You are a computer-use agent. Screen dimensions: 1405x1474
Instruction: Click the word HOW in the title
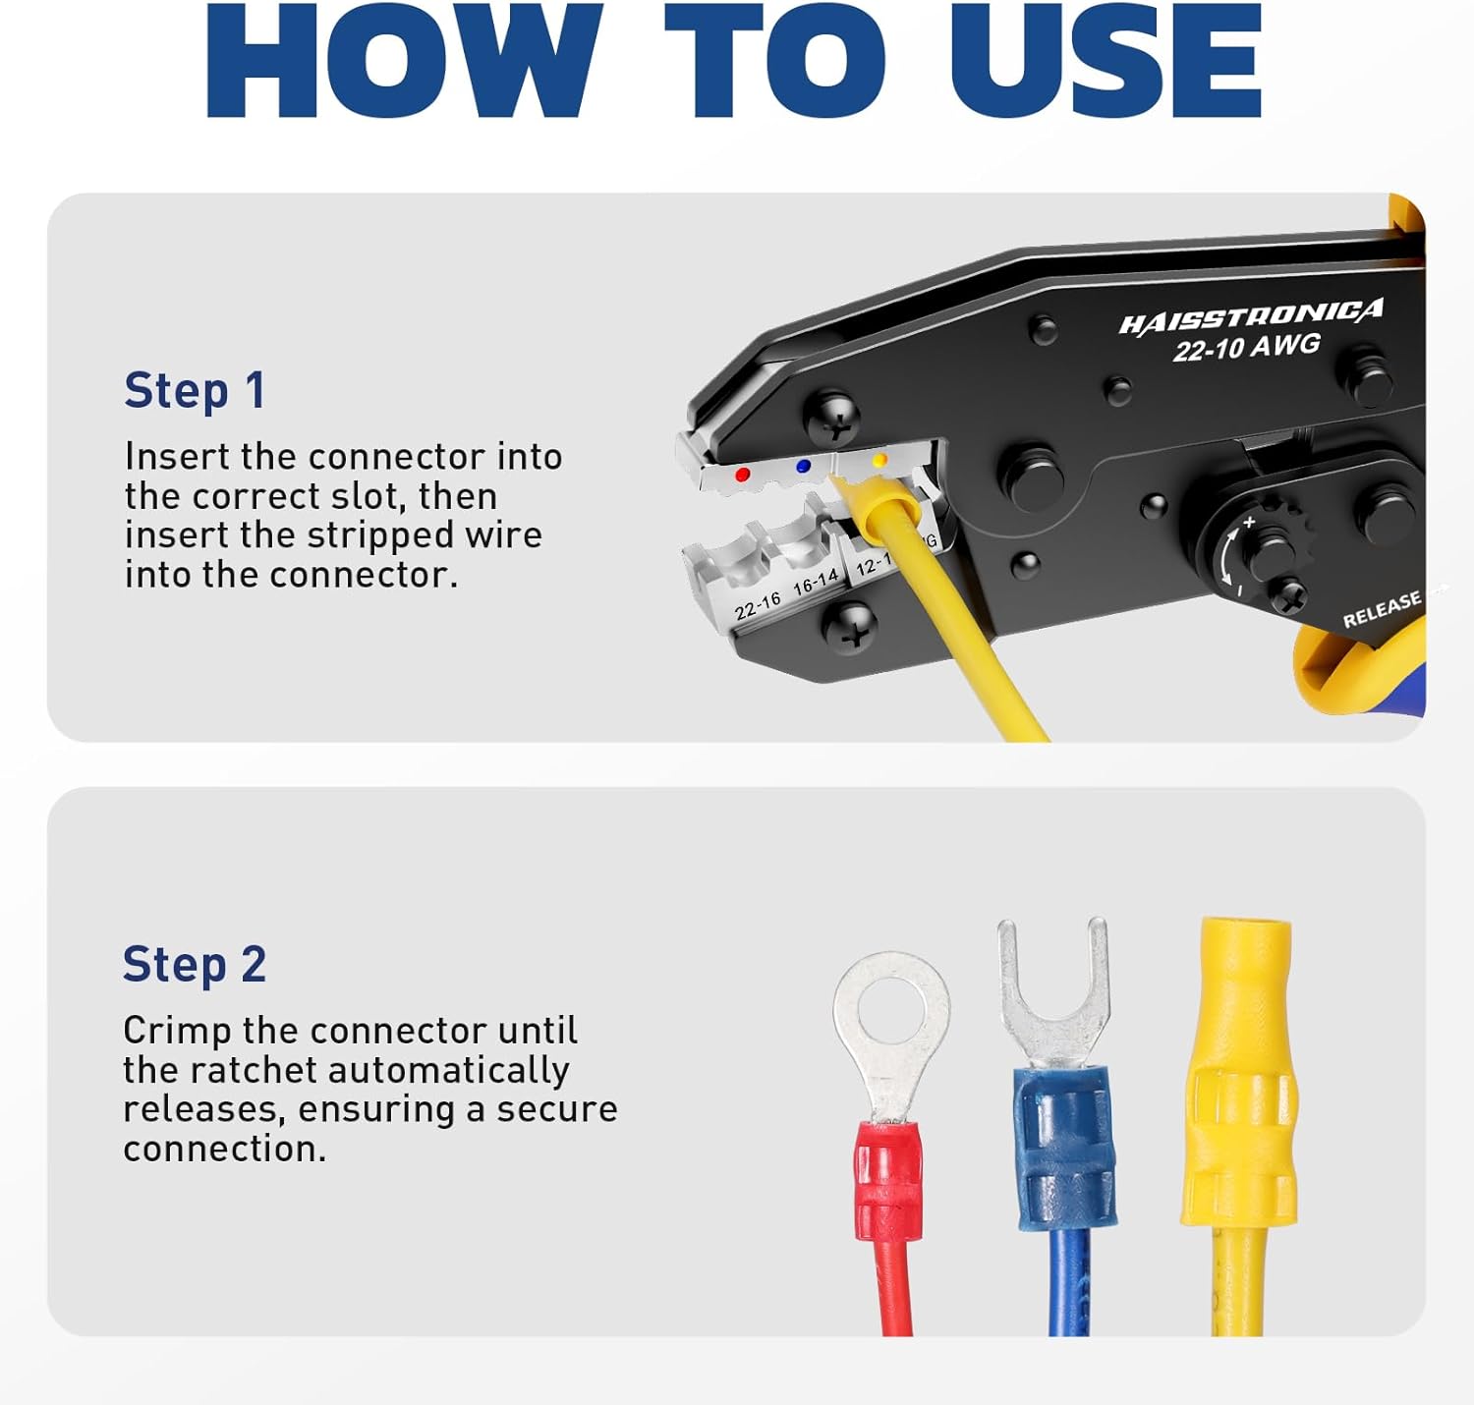point(403,61)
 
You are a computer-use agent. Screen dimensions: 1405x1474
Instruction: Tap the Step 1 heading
point(195,391)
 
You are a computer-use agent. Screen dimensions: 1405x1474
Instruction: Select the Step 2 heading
point(195,965)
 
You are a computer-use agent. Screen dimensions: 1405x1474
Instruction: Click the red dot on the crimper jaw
point(743,475)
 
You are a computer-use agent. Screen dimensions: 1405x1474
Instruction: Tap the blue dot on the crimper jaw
point(804,467)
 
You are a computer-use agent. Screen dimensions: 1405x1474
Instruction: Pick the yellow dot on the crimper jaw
point(879,460)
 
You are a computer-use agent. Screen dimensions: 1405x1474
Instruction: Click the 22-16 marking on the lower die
point(758,605)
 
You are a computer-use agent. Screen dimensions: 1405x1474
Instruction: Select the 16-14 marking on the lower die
point(816,582)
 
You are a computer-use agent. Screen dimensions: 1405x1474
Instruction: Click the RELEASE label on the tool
point(1382,609)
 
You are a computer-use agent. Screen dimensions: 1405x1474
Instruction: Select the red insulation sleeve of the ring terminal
point(887,1184)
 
